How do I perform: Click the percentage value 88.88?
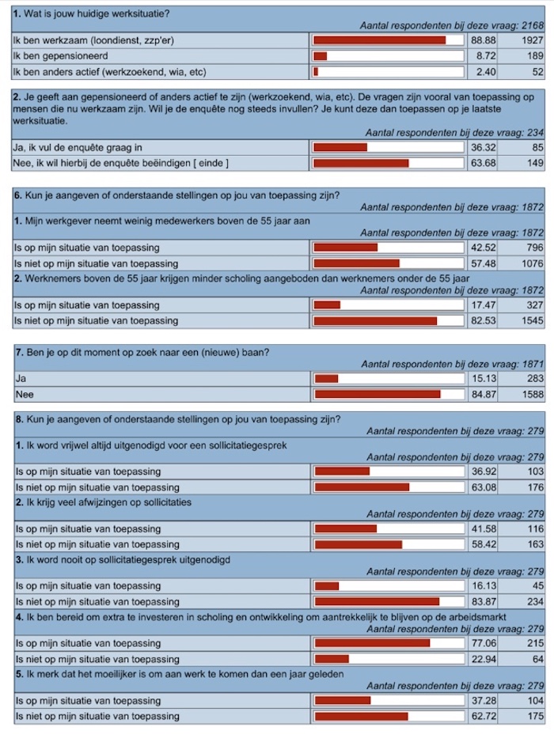point(484,40)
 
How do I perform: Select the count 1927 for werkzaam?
point(533,40)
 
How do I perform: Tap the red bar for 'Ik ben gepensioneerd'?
point(321,56)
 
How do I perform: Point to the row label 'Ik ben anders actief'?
point(110,72)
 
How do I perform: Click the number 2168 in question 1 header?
point(533,25)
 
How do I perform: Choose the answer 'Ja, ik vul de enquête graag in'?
point(78,147)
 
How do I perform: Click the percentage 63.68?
point(484,163)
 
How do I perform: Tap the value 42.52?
point(484,248)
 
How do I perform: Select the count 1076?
point(533,263)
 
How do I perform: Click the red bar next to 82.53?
point(375,321)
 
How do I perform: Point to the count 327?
point(535,305)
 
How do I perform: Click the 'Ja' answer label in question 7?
point(21,378)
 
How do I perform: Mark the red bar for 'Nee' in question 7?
point(378,395)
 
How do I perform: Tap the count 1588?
point(533,395)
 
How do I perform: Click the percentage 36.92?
point(484,471)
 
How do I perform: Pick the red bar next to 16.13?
point(327,586)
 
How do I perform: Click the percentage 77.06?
point(484,643)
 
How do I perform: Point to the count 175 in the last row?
point(536,717)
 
